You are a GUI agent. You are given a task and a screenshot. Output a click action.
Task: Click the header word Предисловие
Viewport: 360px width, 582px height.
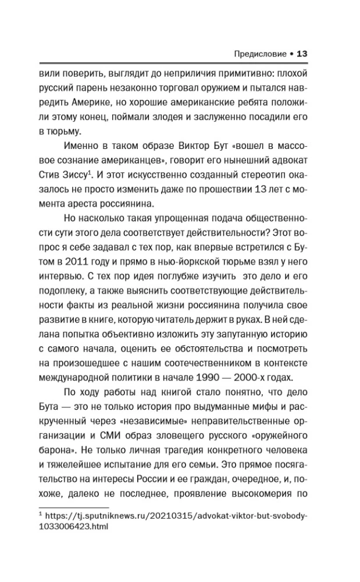coord(254,54)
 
